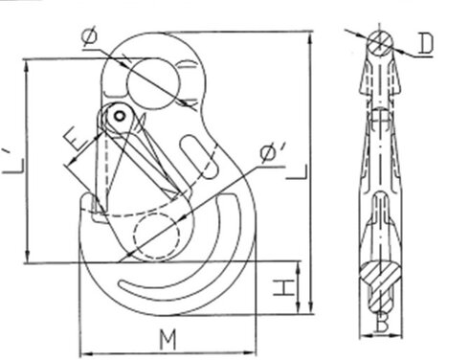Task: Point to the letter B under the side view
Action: (381, 326)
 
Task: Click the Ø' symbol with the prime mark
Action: (270, 151)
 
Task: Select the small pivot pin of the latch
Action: (118, 116)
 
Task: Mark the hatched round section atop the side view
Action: (380, 42)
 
